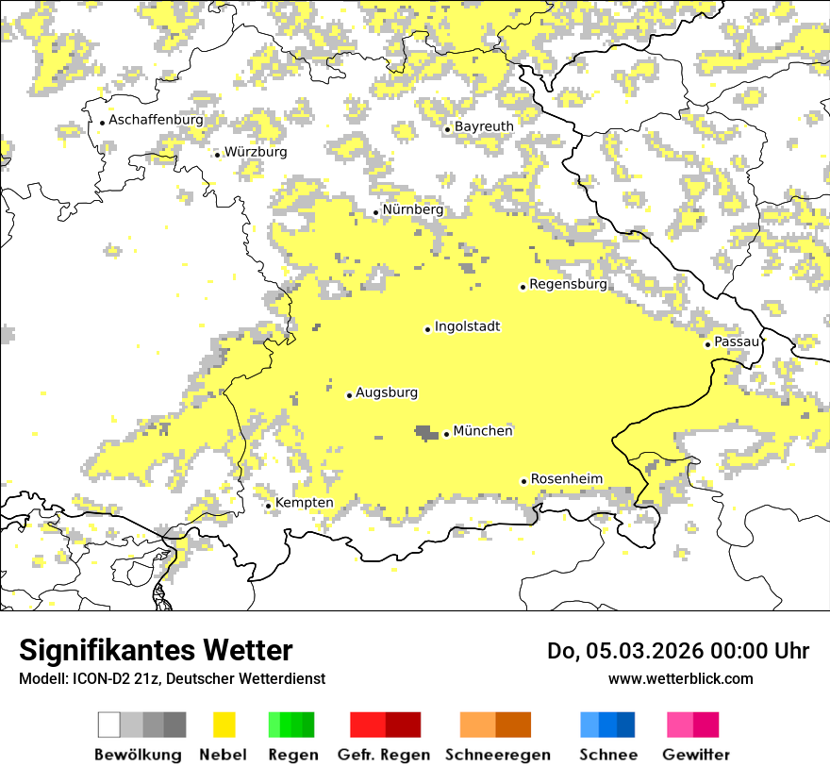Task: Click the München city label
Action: tap(483, 431)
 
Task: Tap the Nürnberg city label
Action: tap(412, 209)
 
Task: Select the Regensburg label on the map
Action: tap(568, 284)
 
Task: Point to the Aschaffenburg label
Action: tap(156, 120)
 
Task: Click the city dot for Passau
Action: tap(707, 344)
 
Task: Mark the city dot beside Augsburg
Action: tap(349, 395)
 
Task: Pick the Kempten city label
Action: tap(305, 503)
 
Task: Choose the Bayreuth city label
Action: tap(484, 126)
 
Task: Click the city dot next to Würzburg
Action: tap(217, 154)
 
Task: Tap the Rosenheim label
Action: tap(567, 479)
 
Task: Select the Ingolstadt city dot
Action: tap(427, 329)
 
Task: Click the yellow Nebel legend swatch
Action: tap(224, 725)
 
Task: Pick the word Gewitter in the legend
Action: tap(695, 755)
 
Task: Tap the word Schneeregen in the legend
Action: tap(498, 755)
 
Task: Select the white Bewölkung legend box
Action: tap(109, 725)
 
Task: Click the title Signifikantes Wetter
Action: tap(156, 651)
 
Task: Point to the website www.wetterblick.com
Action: tap(680, 678)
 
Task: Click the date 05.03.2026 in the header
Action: tap(641, 651)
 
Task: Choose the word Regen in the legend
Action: tap(292, 755)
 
